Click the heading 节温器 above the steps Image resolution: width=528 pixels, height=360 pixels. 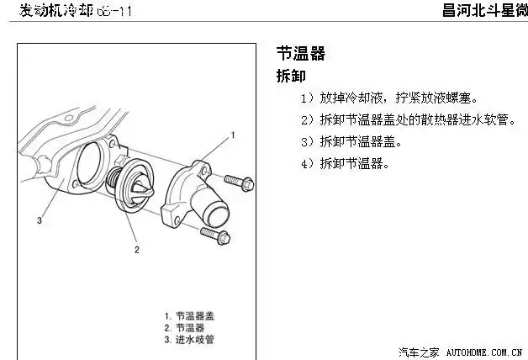(x=300, y=55)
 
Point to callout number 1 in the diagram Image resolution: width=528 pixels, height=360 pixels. (x=233, y=135)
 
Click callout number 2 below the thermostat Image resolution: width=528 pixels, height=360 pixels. (x=136, y=249)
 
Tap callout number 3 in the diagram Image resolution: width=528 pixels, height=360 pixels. (x=40, y=221)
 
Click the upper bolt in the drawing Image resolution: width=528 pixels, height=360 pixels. (x=238, y=181)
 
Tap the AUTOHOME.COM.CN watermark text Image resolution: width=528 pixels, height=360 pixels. (x=484, y=351)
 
